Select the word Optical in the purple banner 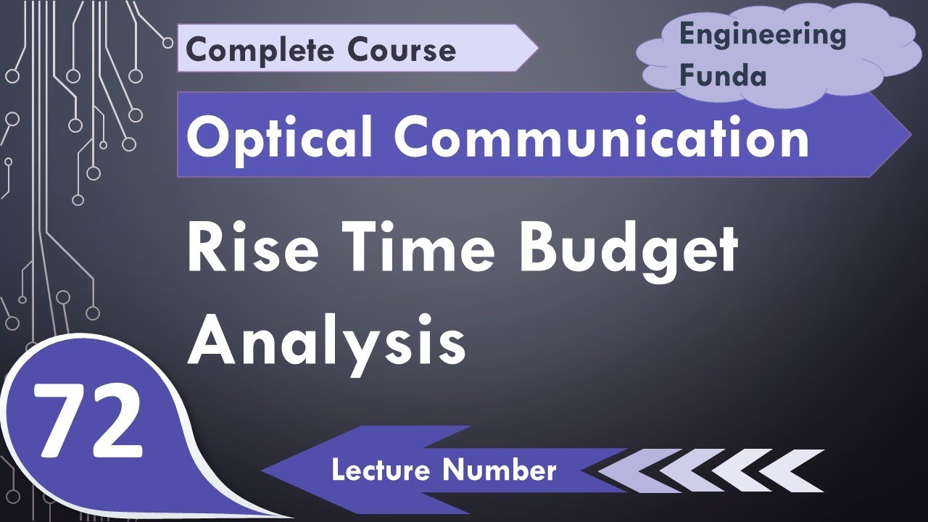(276, 137)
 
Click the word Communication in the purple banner (602, 137)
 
